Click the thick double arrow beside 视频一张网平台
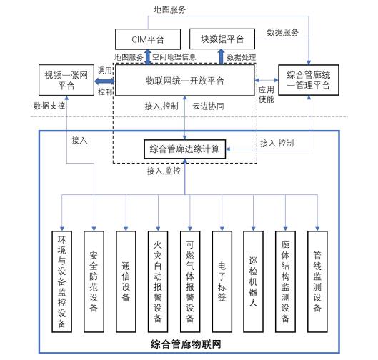(104, 81)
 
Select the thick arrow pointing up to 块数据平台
(221, 56)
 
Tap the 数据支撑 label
(49, 106)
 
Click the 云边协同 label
(208, 106)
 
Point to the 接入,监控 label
(164, 171)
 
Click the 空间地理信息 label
(174, 57)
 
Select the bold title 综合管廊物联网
(186, 344)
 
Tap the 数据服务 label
(282, 32)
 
